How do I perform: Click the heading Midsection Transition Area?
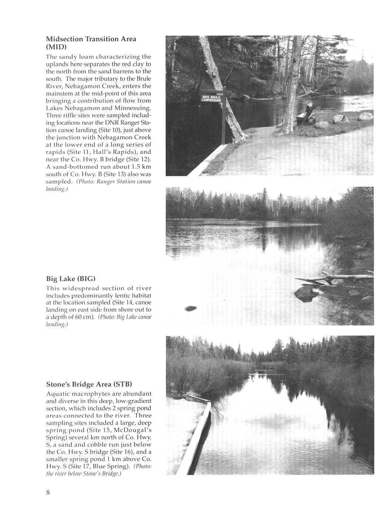pyautogui.click(x=91, y=39)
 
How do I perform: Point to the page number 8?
pyautogui.click(x=48, y=492)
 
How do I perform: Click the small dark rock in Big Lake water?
pyautogui.click(x=190, y=308)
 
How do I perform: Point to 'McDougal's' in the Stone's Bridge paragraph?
pyautogui.click(x=134, y=430)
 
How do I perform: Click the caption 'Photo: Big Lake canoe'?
pyautogui.click(x=125, y=317)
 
